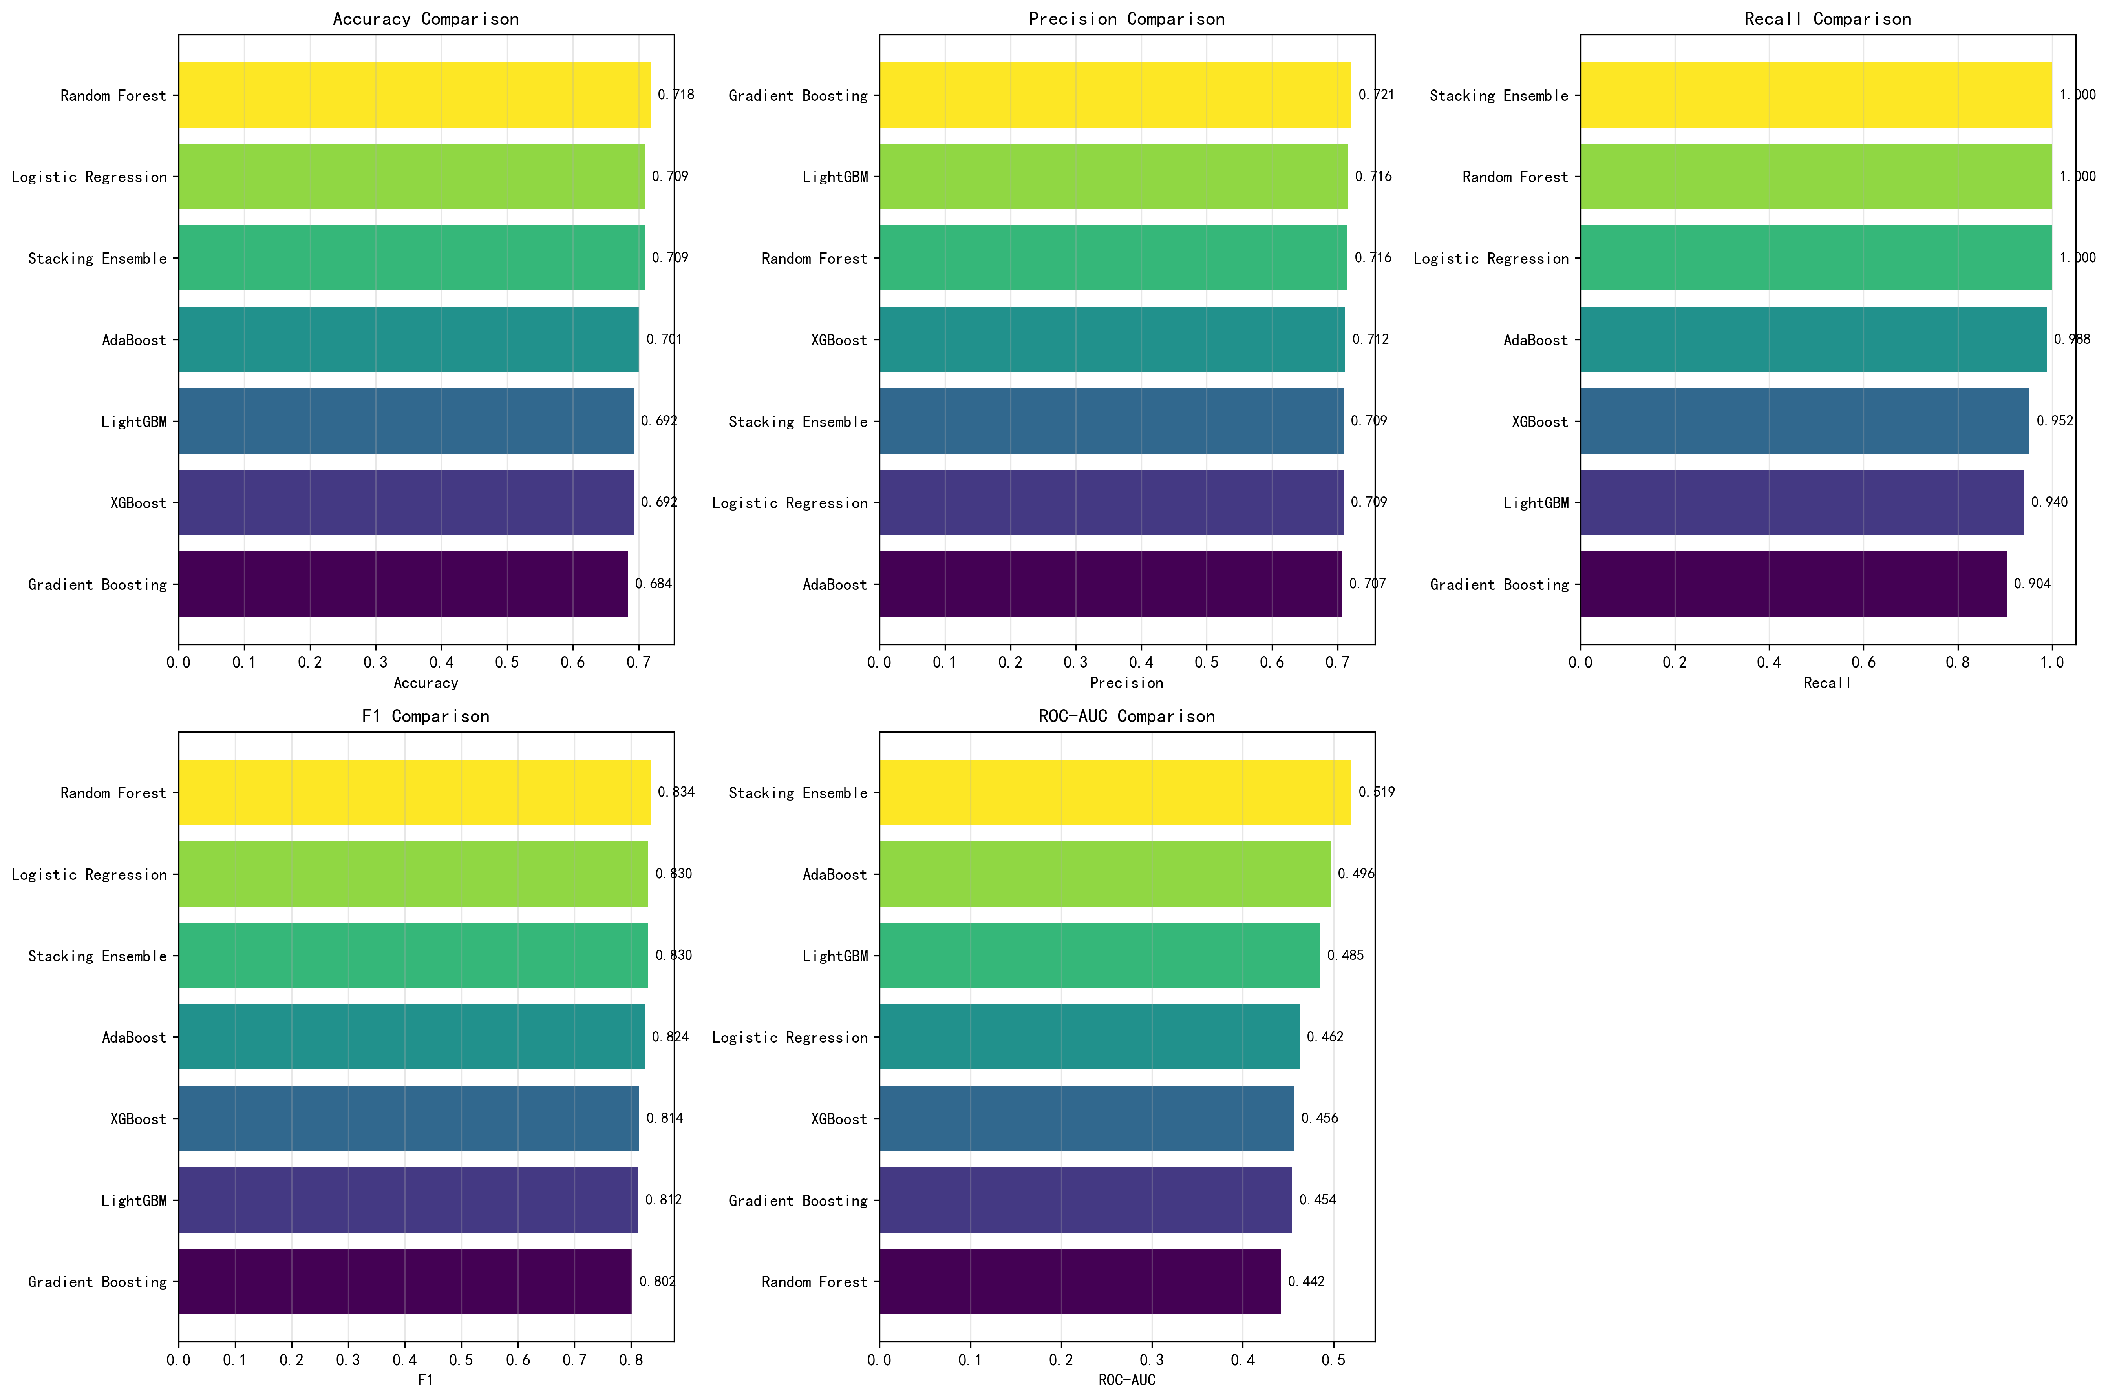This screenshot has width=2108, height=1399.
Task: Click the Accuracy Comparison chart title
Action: pos(426,19)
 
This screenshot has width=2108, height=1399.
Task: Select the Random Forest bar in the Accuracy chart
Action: pos(414,95)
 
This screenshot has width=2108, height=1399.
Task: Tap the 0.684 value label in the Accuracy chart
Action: pos(653,584)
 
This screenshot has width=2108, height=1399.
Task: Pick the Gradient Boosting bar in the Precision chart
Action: pos(1115,95)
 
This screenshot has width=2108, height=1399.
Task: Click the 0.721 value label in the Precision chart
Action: pos(1376,95)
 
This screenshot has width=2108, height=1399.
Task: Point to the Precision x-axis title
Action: pos(1126,682)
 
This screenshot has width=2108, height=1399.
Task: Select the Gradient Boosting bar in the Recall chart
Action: pos(1793,584)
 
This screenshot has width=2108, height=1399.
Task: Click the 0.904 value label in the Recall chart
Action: pos(2032,584)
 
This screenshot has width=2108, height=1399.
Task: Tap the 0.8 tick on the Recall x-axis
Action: pos(1958,662)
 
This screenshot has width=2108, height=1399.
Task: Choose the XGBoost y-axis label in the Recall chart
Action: pos(1539,421)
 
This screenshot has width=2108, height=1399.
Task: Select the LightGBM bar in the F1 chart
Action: pos(408,1200)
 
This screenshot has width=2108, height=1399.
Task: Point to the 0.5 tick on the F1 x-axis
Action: pos(461,1360)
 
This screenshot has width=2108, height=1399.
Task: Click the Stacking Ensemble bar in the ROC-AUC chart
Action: pos(1115,792)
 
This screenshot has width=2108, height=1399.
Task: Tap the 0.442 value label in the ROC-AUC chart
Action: pos(1306,1281)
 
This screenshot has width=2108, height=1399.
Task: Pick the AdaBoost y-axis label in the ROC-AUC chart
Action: pos(834,874)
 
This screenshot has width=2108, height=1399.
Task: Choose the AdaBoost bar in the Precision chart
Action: pos(1110,584)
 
